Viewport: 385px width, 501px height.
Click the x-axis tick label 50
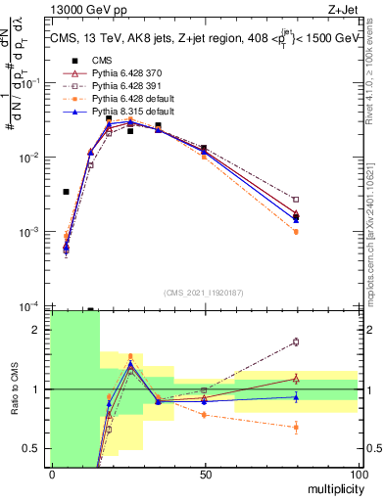[x=204, y=473]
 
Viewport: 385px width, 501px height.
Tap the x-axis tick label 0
[x=51, y=473]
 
